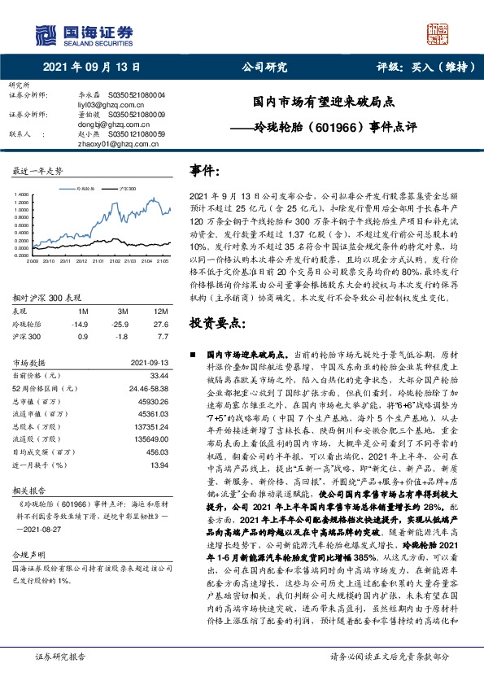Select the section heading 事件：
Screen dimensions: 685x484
point(205,172)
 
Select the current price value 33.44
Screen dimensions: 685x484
point(159,376)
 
